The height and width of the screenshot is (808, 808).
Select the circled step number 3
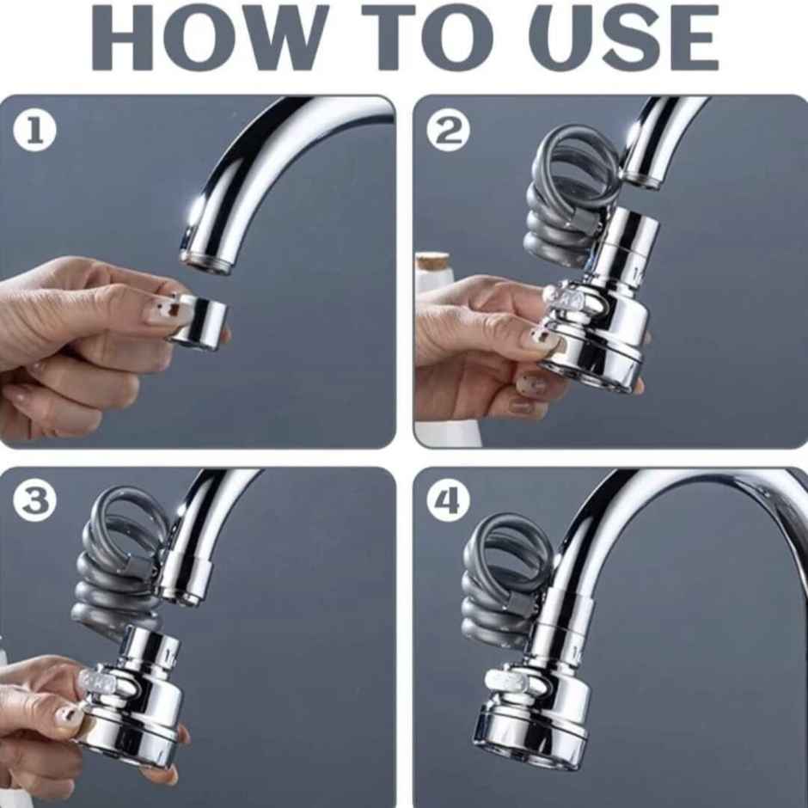(35, 502)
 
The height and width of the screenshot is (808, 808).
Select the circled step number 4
(450, 502)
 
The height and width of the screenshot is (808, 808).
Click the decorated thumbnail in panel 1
(164, 312)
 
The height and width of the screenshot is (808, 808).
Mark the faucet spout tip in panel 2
(641, 177)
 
